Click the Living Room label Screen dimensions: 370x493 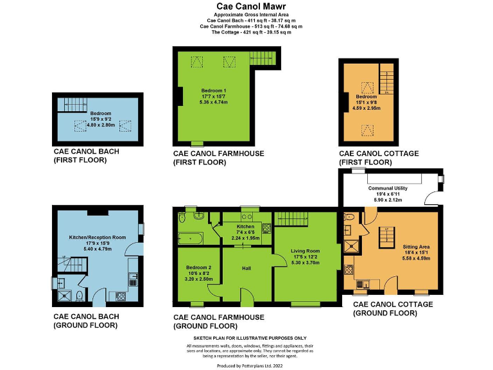pos(304,251)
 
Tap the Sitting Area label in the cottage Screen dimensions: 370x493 pos(416,246)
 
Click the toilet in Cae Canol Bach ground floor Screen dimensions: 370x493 pos(78,296)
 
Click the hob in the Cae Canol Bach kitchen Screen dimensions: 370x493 pos(120,296)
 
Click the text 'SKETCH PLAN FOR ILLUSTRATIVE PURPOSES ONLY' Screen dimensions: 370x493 pos(250,338)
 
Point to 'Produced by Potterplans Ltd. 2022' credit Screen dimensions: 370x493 pos(250,365)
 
